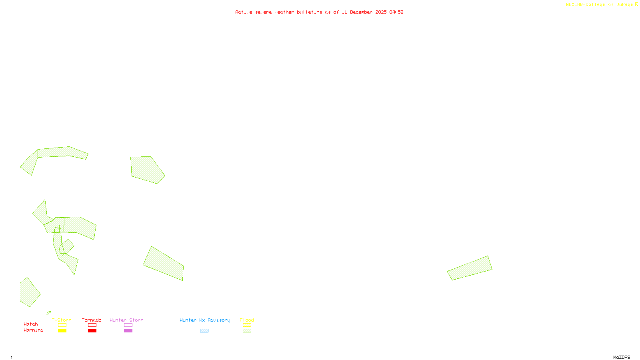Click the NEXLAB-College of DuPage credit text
pos(602,4)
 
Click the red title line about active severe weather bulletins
pos(319,12)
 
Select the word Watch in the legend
pos(31,324)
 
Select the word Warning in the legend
pos(34,330)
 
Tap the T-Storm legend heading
pos(62,320)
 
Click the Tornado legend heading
pos(92,320)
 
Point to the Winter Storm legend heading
pos(126,320)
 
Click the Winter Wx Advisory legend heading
pos(205,320)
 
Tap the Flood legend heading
pos(247,320)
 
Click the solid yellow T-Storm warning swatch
pos(62,331)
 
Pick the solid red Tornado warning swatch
pos(92,331)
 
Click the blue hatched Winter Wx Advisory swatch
pos(204,331)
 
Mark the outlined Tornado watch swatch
pos(92,325)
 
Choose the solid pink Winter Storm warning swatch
pos(128,331)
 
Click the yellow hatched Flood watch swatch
pos(247,325)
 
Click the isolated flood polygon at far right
pos(470,268)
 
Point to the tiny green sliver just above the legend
pos(49,312)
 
